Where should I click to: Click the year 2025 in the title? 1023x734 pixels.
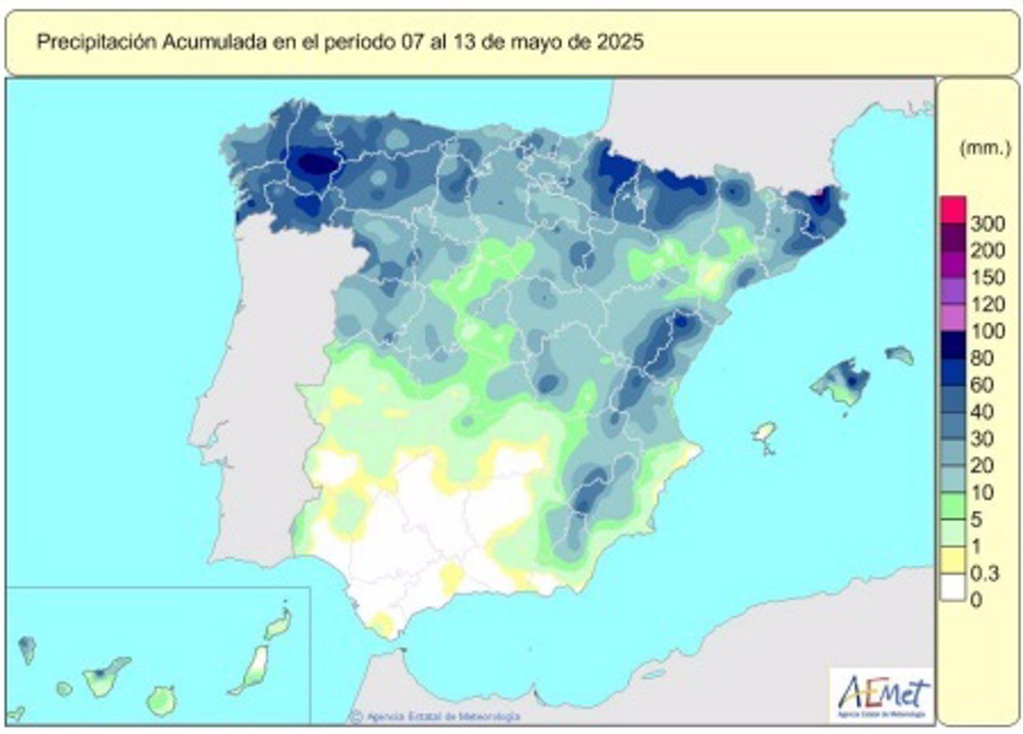coord(620,43)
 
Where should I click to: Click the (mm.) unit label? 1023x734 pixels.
coord(985,149)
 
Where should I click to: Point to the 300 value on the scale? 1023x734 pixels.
coord(988,224)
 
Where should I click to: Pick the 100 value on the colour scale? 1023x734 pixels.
coord(988,331)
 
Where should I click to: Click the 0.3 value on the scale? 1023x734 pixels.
coord(985,573)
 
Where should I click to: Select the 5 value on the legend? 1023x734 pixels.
coord(976,519)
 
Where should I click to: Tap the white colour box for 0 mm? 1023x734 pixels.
coord(953,588)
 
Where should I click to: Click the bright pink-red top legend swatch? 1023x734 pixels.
coord(953,208)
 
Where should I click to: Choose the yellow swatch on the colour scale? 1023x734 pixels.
coord(953,561)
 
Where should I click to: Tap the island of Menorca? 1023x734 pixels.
coord(900,354)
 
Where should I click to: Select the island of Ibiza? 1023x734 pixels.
coord(764,433)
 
